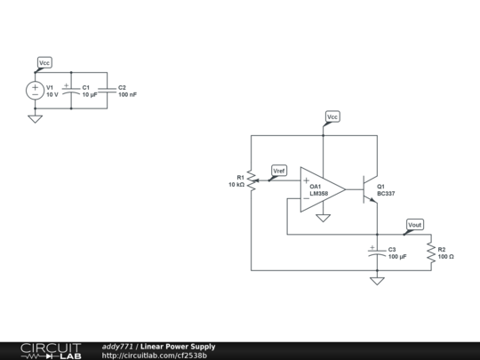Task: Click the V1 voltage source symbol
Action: coord(35,90)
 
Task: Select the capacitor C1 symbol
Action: coord(71,90)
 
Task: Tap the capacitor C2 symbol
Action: coord(108,90)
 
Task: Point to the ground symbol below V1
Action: coord(35,117)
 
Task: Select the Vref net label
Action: coord(279,170)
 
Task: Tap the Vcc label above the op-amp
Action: coord(332,116)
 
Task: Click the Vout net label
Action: coord(414,225)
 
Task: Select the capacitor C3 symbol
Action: coord(377,252)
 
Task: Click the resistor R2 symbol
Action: coord(430,252)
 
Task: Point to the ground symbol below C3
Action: coord(377,281)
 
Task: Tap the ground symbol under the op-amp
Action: coord(324,217)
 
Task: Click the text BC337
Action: coord(387,193)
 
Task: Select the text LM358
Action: coord(319,193)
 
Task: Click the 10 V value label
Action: coord(52,94)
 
